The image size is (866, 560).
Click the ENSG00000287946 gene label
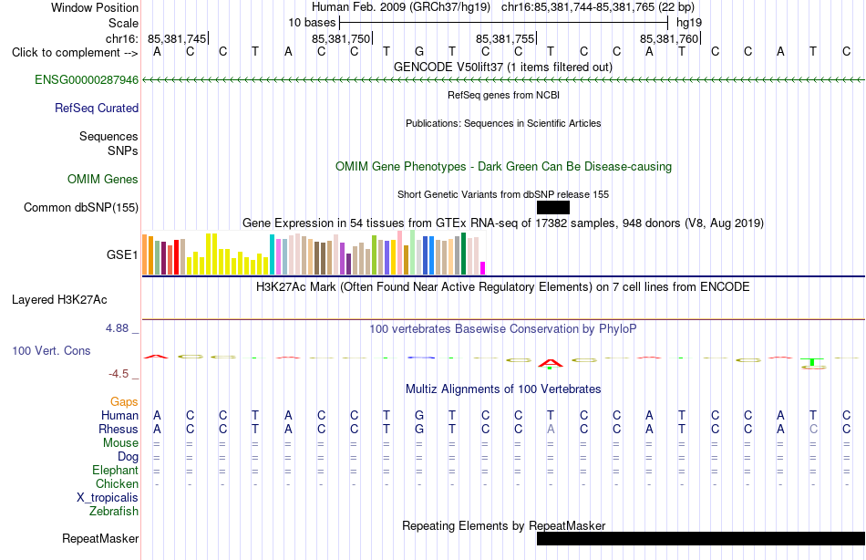tap(87, 80)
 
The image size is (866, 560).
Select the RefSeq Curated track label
tap(97, 109)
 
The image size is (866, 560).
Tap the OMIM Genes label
tap(103, 179)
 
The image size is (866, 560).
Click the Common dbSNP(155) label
tap(81, 207)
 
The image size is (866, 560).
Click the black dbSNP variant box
tap(552, 207)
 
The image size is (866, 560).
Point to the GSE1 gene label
tap(122, 254)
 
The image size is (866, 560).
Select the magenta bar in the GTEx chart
tap(483, 268)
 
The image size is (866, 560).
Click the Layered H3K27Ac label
tap(59, 300)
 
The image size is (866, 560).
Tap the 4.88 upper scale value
tap(117, 328)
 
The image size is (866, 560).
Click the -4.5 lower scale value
tap(119, 374)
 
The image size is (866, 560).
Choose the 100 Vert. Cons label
tap(51, 351)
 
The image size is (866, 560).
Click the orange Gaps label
tap(124, 402)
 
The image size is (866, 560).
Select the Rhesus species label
tap(119, 430)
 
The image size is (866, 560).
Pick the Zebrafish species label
tap(114, 512)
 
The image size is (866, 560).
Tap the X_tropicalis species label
tap(108, 498)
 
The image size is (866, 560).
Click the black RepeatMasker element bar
tap(701, 538)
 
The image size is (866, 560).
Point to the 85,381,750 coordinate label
tap(341, 38)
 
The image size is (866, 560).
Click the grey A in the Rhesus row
tap(551, 430)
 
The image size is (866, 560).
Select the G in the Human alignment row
tap(419, 416)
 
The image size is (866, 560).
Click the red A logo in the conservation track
tap(550, 363)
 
